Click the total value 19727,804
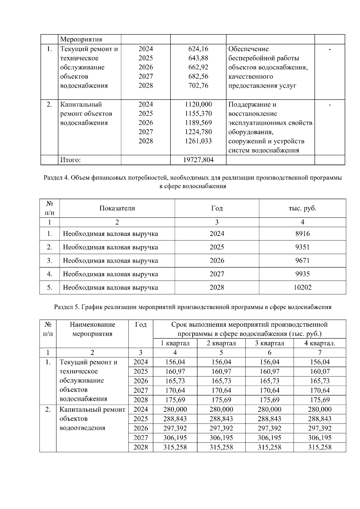(x=198, y=160)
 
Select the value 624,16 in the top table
(x=198, y=49)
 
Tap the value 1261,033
(x=198, y=141)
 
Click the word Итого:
(x=70, y=160)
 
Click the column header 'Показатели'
(x=117, y=208)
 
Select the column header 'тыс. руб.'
(x=302, y=208)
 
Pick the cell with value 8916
(x=302, y=234)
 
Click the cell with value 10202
(x=302, y=287)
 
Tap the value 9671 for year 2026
(x=302, y=260)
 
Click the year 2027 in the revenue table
(x=217, y=274)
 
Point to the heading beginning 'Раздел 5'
(x=192, y=307)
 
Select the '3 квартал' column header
(x=269, y=343)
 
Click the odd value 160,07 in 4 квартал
(x=320, y=371)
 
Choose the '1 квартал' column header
(x=175, y=343)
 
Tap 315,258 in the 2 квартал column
(x=221, y=447)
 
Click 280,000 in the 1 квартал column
(x=175, y=409)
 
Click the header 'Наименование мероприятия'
(x=92, y=329)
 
